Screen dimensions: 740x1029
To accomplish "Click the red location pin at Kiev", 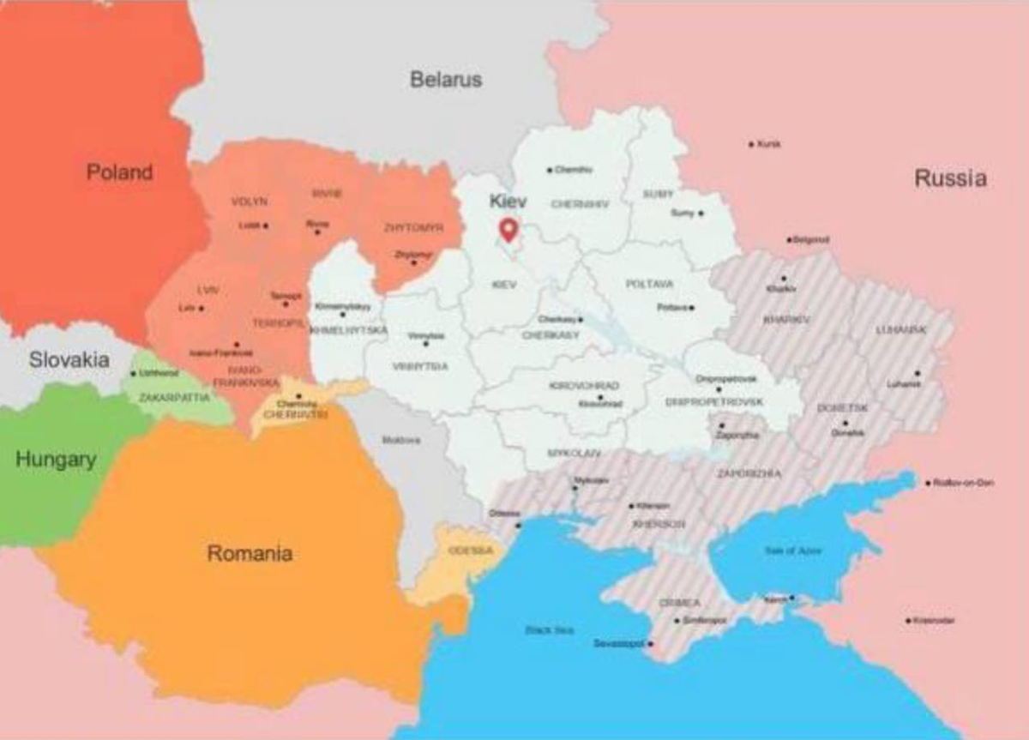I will tap(508, 229).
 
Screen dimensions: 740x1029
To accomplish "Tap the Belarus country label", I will tap(446, 80).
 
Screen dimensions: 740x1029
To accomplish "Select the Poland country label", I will tap(119, 172).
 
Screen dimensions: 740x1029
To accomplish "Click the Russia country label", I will tap(950, 178).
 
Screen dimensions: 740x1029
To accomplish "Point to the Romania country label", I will tap(250, 553).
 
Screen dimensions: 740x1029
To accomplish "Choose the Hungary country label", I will tap(56, 460).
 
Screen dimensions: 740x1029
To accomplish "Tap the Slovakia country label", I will tap(69, 359).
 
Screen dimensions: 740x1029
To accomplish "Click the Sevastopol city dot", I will tap(651, 643).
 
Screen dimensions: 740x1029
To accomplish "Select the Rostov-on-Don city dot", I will tap(928, 484).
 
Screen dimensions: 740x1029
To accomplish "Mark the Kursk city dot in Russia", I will tap(751, 144).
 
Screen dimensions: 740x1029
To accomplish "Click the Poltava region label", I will tap(649, 284).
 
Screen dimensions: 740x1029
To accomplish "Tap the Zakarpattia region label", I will tap(175, 397).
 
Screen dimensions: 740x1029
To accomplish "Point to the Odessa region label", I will tap(471, 550).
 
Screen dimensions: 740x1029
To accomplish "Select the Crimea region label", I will tap(679, 603).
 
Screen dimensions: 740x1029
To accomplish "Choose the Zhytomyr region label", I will tap(413, 228).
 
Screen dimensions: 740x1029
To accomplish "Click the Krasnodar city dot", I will tap(908, 620).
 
